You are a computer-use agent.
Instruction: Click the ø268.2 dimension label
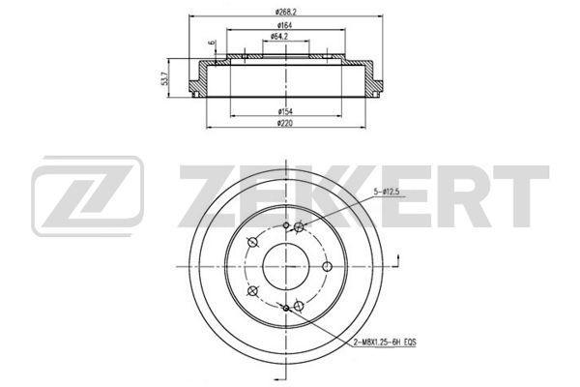[286, 12]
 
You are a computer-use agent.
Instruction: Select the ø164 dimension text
[285, 25]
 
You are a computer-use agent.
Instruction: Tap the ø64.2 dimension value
[279, 37]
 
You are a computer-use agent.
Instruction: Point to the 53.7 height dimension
[165, 78]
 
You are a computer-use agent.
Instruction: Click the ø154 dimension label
[285, 111]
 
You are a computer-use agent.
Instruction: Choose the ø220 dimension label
[285, 123]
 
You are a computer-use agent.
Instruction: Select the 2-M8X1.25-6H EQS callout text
[385, 342]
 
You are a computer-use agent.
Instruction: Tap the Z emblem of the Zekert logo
[87, 195]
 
